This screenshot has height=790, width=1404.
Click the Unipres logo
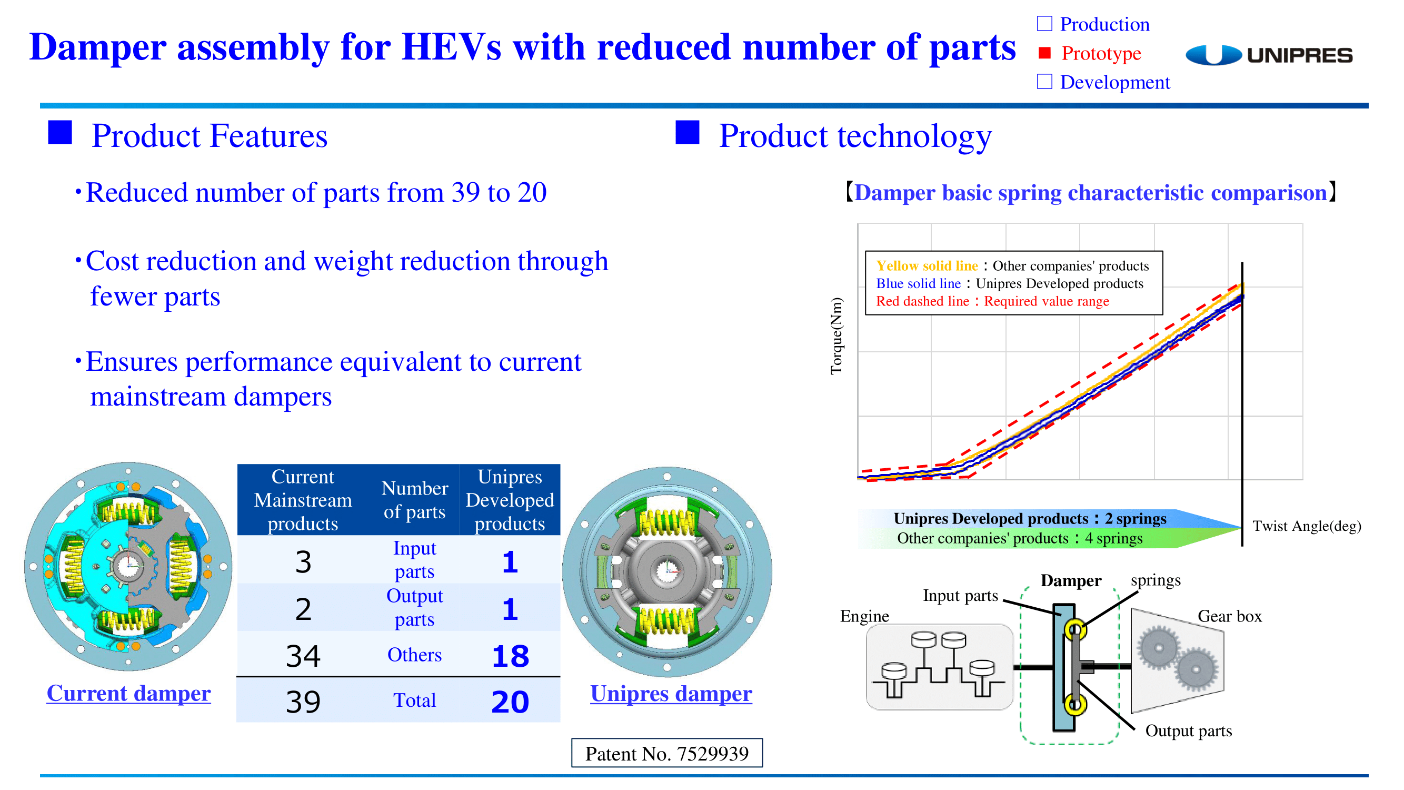point(1268,55)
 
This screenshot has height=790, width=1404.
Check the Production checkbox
point(1044,24)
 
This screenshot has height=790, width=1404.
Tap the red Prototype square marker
point(1044,52)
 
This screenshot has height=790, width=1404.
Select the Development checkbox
point(1044,81)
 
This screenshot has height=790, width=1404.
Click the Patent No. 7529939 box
point(666,753)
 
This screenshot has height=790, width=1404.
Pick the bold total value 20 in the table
point(510,702)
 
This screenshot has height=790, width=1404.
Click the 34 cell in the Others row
point(303,656)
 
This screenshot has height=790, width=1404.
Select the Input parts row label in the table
point(415,559)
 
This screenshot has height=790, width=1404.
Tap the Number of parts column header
point(415,499)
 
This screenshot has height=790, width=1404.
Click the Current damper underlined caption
point(128,693)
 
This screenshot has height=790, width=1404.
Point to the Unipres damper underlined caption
point(671,694)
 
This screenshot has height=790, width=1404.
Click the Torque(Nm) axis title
point(836,336)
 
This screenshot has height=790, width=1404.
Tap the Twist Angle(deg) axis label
point(1307,526)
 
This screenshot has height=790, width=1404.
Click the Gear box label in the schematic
point(1230,616)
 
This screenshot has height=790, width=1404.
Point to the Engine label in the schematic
point(864,616)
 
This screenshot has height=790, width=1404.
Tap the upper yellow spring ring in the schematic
point(1075,630)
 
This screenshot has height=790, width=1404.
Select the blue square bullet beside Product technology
point(688,133)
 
